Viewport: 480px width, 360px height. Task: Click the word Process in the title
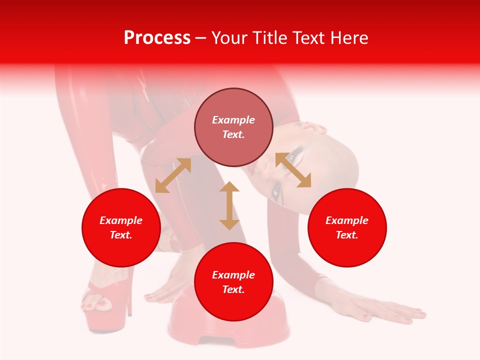(x=157, y=38)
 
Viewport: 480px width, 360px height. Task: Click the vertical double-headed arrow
(x=229, y=205)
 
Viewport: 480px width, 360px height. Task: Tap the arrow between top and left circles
(x=173, y=175)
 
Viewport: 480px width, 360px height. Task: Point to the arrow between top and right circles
(x=293, y=170)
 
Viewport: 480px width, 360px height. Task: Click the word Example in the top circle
(x=233, y=120)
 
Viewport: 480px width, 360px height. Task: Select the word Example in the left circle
(x=121, y=220)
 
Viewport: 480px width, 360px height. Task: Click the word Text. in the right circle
(x=347, y=235)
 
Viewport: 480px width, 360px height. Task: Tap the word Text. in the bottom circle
(x=233, y=289)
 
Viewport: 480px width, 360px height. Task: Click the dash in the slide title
(x=201, y=38)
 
